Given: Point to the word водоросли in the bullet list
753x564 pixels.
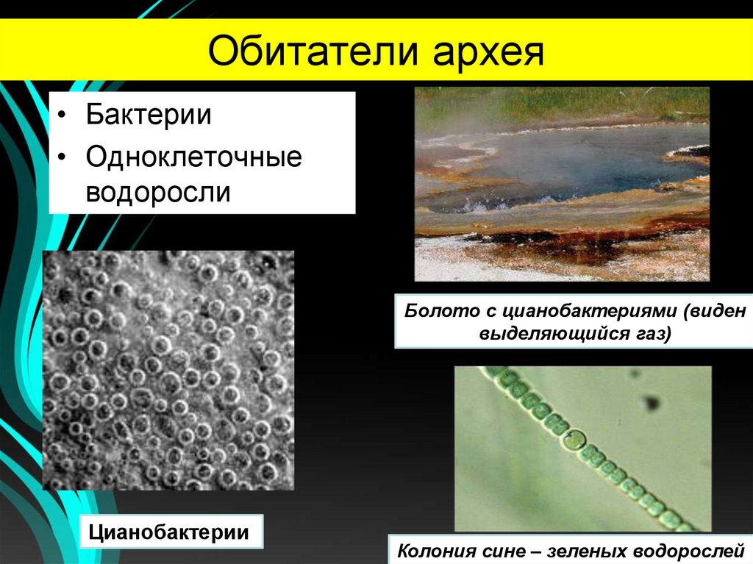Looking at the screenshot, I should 159,192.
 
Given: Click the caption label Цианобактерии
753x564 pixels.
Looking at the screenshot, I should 168,531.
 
